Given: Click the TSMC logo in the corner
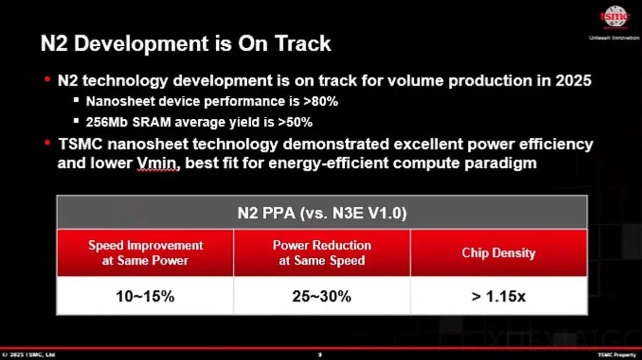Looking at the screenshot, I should pyautogui.click(x=614, y=18).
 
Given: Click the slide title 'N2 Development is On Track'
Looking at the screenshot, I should pyautogui.click(x=185, y=43).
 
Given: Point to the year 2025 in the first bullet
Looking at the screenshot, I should pyautogui.click(x=573, y=80).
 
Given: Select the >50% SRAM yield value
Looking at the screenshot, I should pyautogui.click(x=295, y=122).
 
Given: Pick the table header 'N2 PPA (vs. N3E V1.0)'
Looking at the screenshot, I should pyautogui.click(x=322, y=213).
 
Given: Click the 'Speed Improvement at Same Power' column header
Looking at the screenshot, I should pyautogui.click(x=146, y=252).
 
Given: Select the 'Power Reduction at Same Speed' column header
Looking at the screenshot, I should pyautogui.click(x=322, y=252).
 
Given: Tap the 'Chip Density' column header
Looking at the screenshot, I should pyautogui.click(x=498, y=253).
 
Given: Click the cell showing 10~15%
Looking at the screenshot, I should pyautogui.click(x=146, y=296).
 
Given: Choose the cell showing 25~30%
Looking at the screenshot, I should pyautogui.click(x=322, y=296).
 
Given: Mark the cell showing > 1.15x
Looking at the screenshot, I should pyautogui.click(x=498, y=296).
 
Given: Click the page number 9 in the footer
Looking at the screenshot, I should pyautogui.click(x=320, y=355).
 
